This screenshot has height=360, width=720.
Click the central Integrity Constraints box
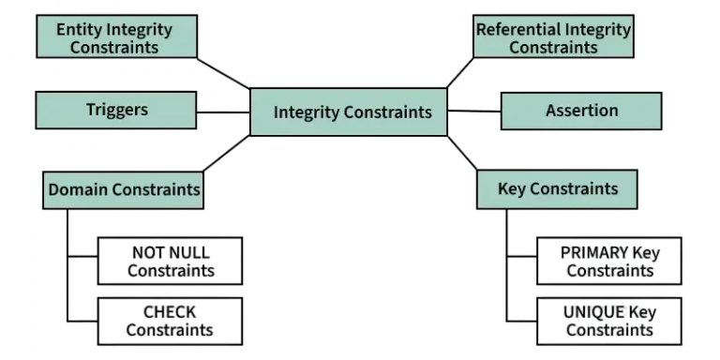pyautogui.click(x=352, y=112)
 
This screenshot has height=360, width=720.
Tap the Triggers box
pyautogui.click(x=116, y=110)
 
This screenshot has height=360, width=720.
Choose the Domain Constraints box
pyautogui.click(x=124, y=189)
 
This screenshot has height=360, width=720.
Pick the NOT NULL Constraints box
pyautogui.click(x=170, y=261)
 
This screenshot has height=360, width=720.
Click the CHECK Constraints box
pyautogui.click(x=170, y=321)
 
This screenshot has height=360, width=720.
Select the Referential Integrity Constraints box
pyautogui.click(x=553, y=38)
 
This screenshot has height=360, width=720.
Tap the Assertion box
pyautogui.click(x=581, y=111)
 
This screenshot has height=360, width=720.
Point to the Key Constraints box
pyautogui.click(x=558, y=188)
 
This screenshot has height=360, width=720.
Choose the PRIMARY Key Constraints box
pyautogui.click(x=609, y=261)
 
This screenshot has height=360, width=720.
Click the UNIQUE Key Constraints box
pyautogui.click(x=609, y=321)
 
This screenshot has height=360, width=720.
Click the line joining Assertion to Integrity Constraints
pyautogui.click(x=473, y=111)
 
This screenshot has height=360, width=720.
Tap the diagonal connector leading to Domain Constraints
pyautogui.click(x=226, y=153)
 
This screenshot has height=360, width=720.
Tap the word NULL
pyautogui.click(x=192, y=252)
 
